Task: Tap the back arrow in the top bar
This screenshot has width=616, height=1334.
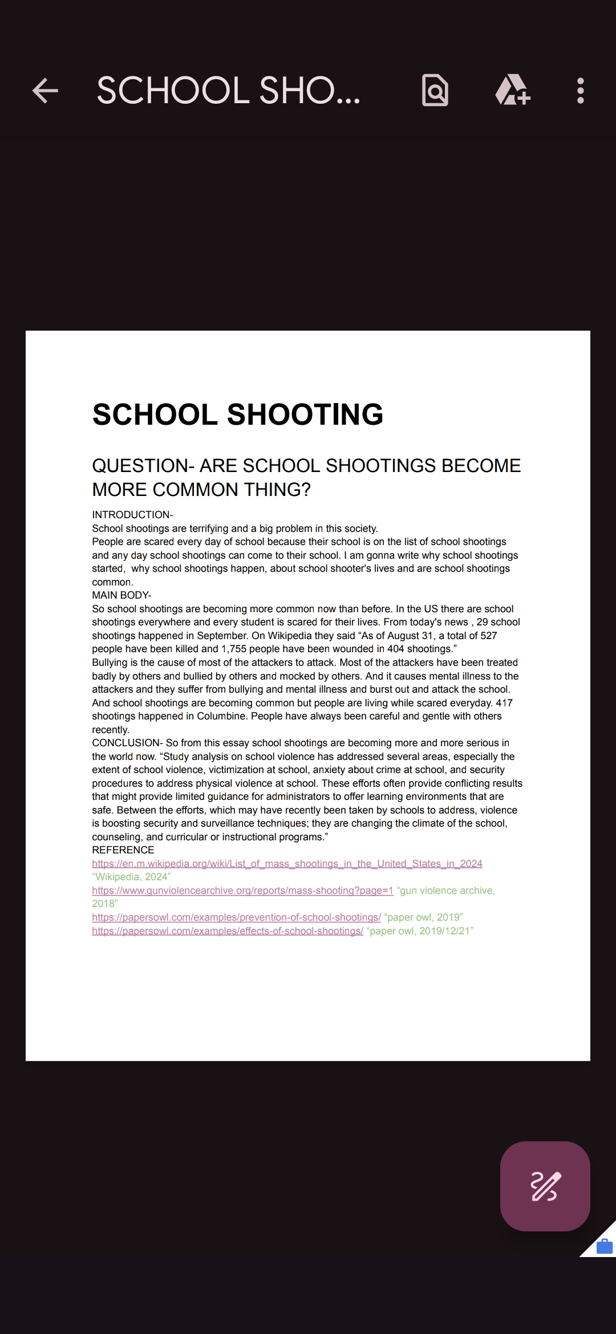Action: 45,91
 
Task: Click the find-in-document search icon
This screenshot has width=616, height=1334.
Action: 435,91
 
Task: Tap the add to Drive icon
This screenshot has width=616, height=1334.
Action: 512,91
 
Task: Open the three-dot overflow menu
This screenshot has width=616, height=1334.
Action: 580,91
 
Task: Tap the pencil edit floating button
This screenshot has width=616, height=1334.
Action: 545,1186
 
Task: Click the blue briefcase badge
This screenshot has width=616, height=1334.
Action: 604,1247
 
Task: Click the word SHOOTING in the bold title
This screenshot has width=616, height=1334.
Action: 305,414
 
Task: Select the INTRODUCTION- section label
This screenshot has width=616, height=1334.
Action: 132,515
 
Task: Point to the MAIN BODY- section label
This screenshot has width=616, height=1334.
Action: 121,595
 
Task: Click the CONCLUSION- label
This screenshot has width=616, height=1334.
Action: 127,743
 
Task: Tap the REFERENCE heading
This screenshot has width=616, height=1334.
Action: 123,850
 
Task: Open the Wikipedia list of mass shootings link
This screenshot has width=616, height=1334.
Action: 287,864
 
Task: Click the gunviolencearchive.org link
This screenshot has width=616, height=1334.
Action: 242,890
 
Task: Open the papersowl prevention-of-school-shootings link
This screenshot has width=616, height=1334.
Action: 236,917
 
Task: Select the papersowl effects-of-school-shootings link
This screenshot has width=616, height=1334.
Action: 228,931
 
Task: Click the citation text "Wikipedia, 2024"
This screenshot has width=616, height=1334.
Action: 131,877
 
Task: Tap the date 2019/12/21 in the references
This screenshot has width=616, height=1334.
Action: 443,931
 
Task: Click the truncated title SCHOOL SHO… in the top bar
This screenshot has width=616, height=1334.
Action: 228,91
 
